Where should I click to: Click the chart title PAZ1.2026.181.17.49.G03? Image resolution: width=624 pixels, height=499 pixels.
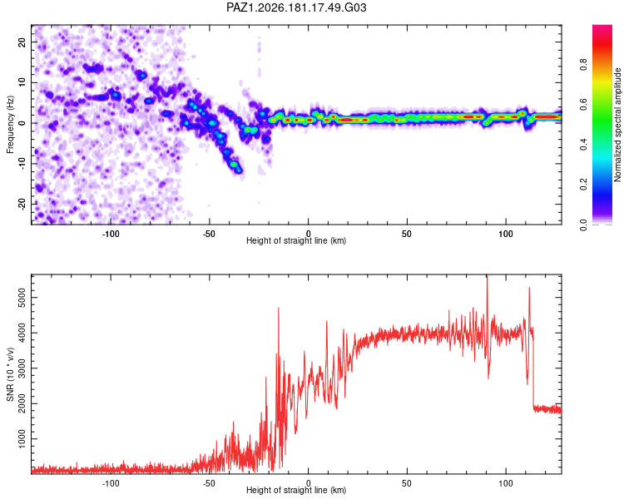296,7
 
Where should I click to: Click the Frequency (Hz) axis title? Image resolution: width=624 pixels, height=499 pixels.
10,125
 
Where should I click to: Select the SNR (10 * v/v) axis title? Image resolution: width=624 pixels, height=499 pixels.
10,374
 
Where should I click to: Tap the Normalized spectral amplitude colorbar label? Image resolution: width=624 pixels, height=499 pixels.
617,125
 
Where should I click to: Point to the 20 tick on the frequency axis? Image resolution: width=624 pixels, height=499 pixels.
22,42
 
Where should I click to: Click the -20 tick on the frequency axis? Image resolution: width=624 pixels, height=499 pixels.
22,204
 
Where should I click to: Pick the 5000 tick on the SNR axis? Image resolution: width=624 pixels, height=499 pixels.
22,298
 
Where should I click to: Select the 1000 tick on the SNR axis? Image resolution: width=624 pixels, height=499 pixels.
22,439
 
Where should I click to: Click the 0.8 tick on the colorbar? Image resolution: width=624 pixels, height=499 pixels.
583,64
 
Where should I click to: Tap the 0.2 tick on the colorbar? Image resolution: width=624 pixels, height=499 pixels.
583,185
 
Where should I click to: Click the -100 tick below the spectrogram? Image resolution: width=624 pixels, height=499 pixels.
111,234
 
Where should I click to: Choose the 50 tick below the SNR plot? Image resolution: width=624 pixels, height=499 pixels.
407,483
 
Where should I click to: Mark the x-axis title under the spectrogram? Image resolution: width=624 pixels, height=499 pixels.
296,240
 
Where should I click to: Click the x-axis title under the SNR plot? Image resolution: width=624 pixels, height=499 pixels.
296,490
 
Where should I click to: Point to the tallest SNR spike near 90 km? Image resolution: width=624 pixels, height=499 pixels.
487,276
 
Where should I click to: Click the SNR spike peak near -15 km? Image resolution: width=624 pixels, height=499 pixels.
279,308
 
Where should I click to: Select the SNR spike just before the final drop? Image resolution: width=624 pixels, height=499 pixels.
529,288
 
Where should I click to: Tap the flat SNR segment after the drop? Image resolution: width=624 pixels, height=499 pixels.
547,409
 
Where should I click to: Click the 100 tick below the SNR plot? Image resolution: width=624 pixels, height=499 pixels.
505,483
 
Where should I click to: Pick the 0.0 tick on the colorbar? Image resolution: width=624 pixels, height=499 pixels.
583,225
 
